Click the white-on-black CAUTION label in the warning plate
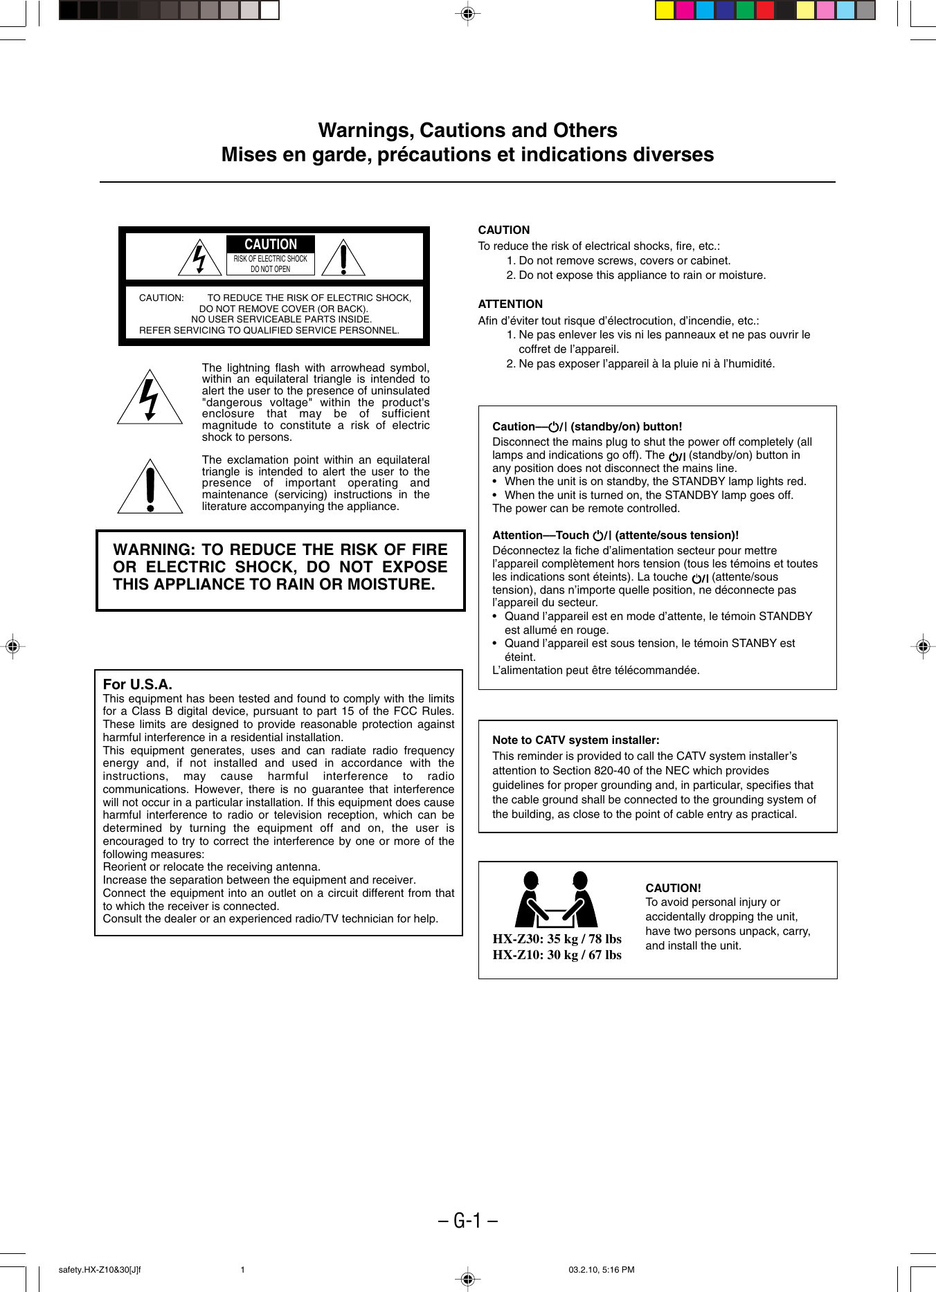(x=271, y=244)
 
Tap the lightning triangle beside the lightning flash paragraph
(x=150, y=399)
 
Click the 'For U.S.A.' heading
(x=137, y=684)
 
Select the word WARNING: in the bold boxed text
(x=154, y=549)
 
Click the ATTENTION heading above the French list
(x=510, y=304)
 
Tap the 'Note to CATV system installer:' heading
(x=575, y=740)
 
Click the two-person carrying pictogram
(x=556, y=900)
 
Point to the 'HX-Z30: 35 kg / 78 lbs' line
(x=557, y=939)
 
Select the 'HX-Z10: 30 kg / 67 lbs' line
(x=557, y=955)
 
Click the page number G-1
(x=468, y=1220)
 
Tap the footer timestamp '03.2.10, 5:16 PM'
(x=601, y=1270)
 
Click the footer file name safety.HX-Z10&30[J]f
(x=100, y=1270)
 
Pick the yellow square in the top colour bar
(x=665, y=10)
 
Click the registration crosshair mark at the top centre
(x=468, y=13)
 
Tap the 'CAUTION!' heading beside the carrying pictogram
(x=673, y=888)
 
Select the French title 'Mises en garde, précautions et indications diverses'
(x=467, y=154)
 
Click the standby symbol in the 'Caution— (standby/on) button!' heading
(x=555, y=427)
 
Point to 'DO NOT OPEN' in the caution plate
(x=271, y=269)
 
